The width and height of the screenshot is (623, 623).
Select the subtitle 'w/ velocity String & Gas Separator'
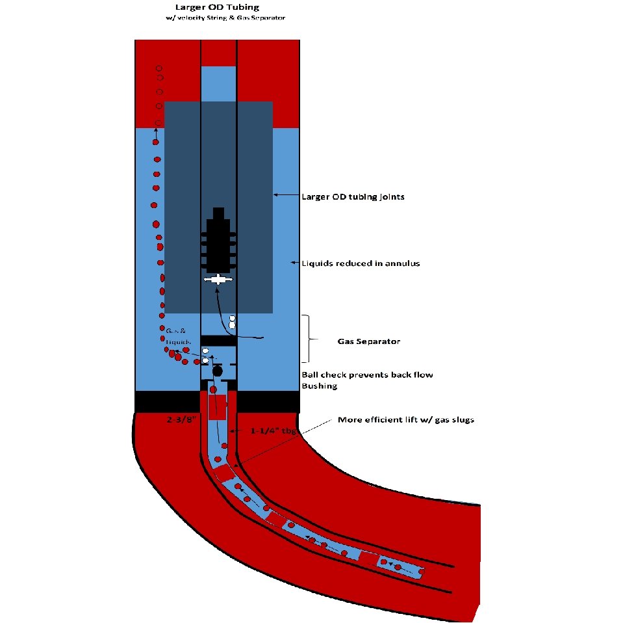(x=225, y=18)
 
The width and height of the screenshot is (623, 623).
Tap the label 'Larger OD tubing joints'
(x=353, y=196)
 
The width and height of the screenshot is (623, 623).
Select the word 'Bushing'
(x=319, y=386)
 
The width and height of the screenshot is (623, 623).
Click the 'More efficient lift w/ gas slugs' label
(x=406, y=420)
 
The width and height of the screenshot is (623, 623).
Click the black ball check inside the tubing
(x=218, y=371)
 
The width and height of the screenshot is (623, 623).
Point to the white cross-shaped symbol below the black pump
(x=218, y=280)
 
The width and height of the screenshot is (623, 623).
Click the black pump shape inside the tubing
(x=218, y=244)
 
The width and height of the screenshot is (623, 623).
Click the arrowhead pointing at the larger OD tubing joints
(x=276, y=194)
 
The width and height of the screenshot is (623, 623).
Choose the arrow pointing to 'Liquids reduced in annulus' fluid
(x=293, y=263)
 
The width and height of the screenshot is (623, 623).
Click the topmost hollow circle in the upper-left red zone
(x=159, y=68)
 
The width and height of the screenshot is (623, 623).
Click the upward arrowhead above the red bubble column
(x=156, y=131)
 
